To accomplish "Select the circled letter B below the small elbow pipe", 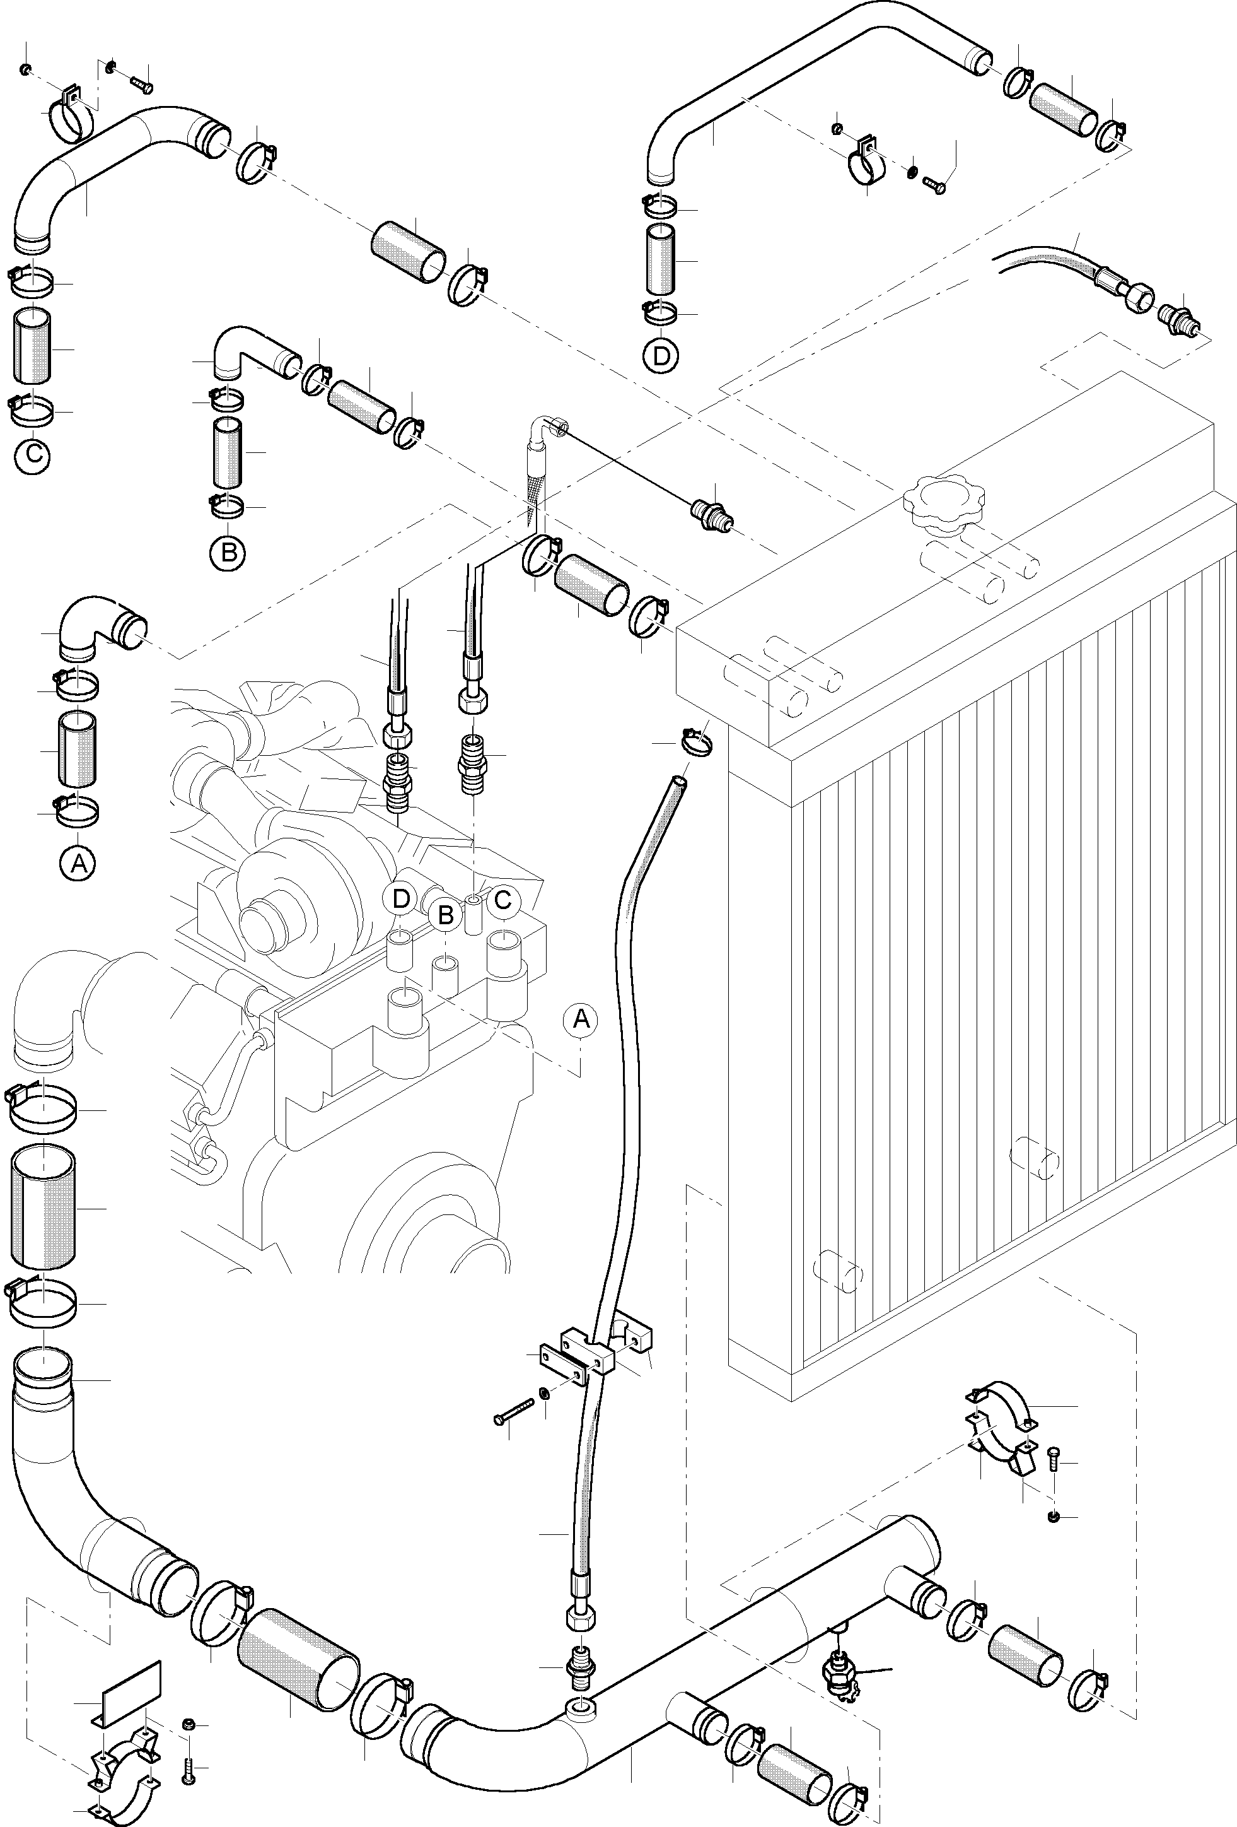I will (x=228, y=552).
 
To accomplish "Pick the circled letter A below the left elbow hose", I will (x=78, y=863).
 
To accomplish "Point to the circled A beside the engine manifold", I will (x=580, y=1019).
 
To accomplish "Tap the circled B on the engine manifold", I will (x=446, y=914).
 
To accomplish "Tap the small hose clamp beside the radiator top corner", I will (x=693, y=741).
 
